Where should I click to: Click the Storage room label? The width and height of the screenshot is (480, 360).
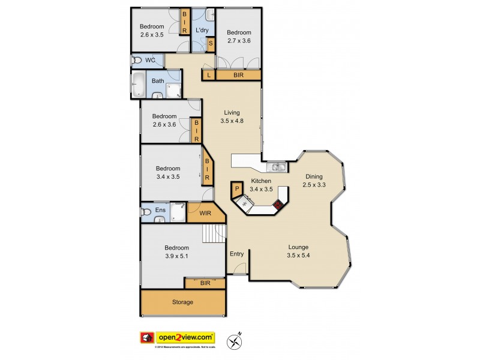[183, 302]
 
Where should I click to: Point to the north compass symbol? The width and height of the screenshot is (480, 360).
[235, 341]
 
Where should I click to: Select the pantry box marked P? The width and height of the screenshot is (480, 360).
[237, 189]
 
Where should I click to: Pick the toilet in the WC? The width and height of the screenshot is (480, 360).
[137, 61]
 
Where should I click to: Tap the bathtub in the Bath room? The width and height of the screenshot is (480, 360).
[137, 85]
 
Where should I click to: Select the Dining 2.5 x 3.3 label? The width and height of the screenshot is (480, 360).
[314, 181]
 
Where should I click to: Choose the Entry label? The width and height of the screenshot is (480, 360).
[237, 253]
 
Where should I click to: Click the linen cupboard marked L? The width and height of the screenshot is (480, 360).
[208, 76]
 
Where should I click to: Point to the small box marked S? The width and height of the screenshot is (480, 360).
[211, 44]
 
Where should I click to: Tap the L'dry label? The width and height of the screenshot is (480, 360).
[202, 30]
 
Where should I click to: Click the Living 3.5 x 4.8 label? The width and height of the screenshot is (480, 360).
[232, 116]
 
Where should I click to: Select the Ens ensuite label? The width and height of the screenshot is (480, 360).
[160, 210]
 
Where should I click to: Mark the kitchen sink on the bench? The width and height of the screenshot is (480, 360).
[278, 167]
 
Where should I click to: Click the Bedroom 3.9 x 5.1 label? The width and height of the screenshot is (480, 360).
[177, 252]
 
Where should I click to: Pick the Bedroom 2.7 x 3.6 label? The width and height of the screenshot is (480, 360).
[239, 37]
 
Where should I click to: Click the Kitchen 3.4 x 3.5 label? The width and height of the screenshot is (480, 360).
[261, 185]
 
